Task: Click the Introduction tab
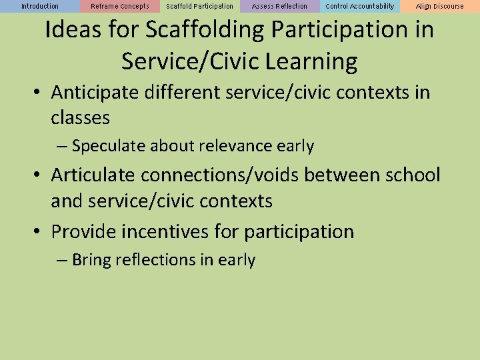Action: [x=40, y=7]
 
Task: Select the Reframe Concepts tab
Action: [x=120, y=7]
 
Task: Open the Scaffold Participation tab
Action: [x=200, y=7]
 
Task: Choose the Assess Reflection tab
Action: [x=280, y=7]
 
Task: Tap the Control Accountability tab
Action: [x=360, y=7]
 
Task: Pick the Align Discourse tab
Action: [x=440, y=7]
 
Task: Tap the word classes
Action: [x=80, y=118]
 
